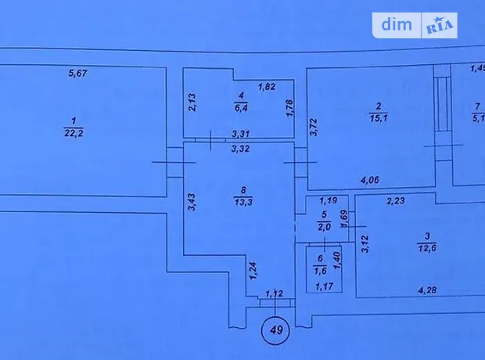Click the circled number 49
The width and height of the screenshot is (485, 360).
(x=276, y=330)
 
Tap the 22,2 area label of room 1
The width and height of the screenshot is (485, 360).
(x=74, y=133)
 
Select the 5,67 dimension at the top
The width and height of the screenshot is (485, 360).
(x=77, y=74)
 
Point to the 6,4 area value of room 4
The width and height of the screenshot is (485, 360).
(x=241, y=108)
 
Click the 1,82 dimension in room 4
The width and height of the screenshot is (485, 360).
(x=267, y=87)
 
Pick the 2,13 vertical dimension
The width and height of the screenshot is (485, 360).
(x=192, y=103)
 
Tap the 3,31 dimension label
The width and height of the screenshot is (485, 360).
(x=241, y=134)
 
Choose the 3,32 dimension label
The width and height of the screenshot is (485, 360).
(x=240, y=149)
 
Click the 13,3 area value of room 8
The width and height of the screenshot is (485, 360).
(x=243, y=202)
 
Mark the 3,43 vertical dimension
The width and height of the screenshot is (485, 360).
(x=192, y=202)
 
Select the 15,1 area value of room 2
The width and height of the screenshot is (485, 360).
(x=379, y=118)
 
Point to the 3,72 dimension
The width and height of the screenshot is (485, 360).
(x=314, y=128)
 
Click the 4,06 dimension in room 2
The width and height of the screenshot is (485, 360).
(x=370, y=180)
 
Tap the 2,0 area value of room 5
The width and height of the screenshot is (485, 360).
(x=324, y=227)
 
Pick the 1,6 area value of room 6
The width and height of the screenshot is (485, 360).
(x=320, y=271)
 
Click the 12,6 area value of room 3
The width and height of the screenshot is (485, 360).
(x=427, y=248)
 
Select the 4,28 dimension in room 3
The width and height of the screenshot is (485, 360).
(x=427, y=290)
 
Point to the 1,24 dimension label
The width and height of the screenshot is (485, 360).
(x=253, y=271)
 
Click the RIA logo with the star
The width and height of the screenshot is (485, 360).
(x=440, y=26)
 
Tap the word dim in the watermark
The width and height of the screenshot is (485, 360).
(x=397, y=24)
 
